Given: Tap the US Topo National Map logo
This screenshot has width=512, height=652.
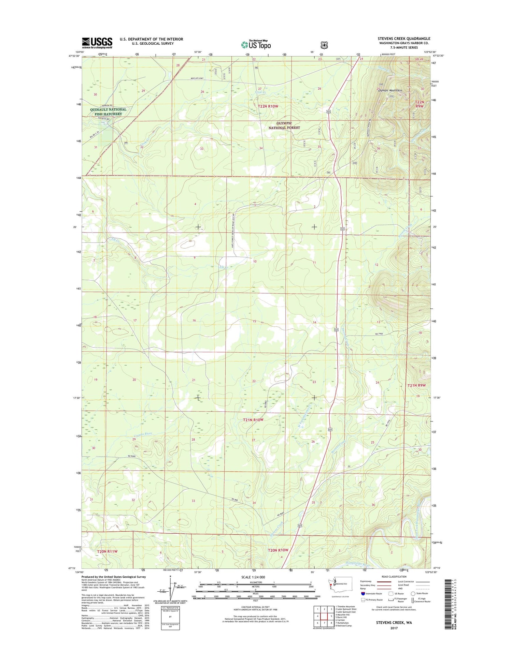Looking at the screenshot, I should click(x=256, y=44).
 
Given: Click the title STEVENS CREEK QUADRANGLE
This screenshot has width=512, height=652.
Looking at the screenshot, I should click(x=404, y=39).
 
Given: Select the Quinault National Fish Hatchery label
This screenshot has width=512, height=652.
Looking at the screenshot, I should click(x=108, y=112).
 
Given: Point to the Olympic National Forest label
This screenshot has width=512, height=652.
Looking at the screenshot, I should click(x=284, y=125).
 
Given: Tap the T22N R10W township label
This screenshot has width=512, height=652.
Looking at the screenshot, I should click(x=268, y=106).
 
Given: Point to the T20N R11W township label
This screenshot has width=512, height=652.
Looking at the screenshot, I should click(x=107, y=551).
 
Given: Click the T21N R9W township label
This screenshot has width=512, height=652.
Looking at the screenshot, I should click(x=416, y=385).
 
